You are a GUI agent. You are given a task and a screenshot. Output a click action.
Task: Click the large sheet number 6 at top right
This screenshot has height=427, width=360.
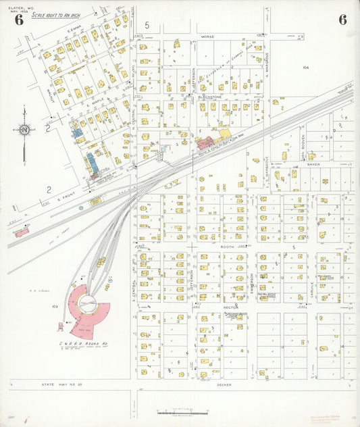tap(342, 19)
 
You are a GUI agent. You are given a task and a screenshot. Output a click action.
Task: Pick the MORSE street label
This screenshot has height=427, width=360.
tap(207, 36)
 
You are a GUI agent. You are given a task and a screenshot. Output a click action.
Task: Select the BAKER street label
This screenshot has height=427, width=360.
tap(312, 164)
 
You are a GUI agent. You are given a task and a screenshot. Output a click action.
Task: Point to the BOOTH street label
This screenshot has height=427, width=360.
tap(227, 247)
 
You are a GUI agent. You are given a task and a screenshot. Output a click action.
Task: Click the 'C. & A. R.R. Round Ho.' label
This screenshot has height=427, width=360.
tap(84, 344)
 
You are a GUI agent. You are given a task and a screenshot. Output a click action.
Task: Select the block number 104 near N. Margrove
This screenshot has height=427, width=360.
tap(305, 68)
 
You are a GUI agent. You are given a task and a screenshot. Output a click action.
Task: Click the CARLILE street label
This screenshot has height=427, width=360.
tap(313, 278)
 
